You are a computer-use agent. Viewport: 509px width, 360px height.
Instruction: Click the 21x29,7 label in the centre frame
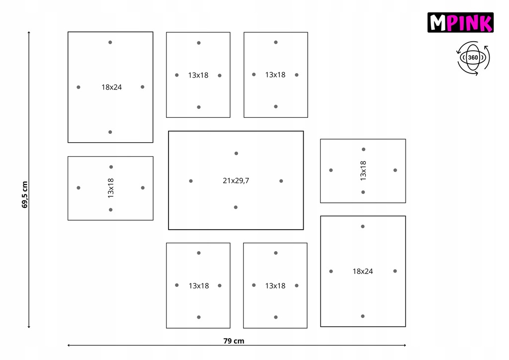pos(236,181)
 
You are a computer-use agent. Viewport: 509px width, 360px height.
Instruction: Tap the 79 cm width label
pos(237,341)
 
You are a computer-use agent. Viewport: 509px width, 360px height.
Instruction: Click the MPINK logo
pos(460,23)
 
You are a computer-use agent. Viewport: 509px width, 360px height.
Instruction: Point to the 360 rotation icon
pos(473,58)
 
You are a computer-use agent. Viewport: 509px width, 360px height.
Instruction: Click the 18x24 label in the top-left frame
pos(111,87)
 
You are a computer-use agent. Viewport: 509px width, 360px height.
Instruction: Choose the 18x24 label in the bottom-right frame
pos(363,271)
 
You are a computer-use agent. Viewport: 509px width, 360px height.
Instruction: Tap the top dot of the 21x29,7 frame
pos(236,153)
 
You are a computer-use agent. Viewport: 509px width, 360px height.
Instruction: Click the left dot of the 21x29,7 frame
pos(191,181)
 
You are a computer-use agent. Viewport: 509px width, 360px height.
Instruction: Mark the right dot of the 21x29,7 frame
pos(281,181)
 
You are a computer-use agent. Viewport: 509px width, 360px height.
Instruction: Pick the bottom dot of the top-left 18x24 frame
pos(110,132)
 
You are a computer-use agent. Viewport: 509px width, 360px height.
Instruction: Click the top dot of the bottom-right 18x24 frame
pos(363,226)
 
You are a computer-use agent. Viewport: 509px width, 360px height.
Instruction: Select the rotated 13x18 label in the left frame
pos(111,188)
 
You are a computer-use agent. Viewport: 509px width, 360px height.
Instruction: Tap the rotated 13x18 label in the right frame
pos(363,171)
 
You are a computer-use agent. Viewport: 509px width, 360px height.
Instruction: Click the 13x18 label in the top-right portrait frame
pos(275,75)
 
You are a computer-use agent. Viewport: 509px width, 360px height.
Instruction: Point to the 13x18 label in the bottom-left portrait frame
pos(198,286)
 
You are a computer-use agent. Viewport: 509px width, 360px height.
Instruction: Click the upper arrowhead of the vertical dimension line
pos(29,33)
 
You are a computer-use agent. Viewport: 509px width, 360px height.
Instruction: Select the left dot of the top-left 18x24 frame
pos(79,88)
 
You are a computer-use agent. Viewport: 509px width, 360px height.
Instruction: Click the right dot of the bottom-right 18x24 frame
pos(395,271)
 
